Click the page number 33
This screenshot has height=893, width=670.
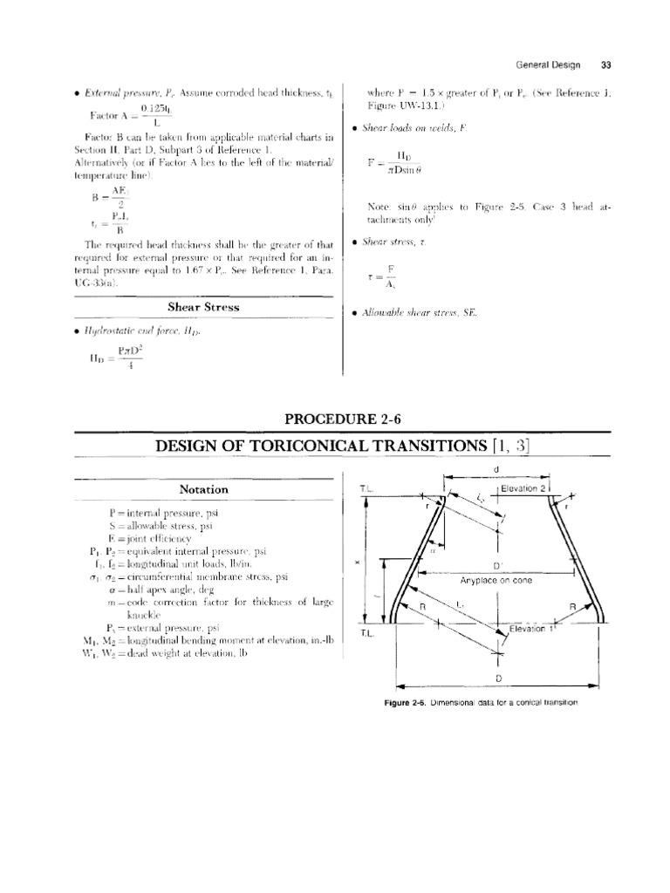pos(606,64)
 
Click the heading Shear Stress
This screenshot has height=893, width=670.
pos(203,306)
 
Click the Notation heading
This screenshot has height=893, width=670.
pos(203,489)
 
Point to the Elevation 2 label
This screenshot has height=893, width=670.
pos(523,489)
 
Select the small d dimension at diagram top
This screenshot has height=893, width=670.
pos(496,471)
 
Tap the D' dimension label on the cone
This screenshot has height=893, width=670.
pos(498,565)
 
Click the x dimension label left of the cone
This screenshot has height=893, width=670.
pos(357,562)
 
